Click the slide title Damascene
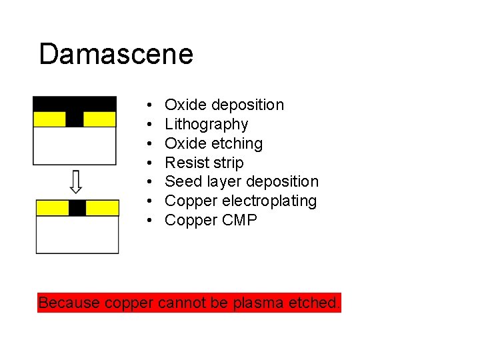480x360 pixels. pos(116,54)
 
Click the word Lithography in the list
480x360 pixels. pos(206,124)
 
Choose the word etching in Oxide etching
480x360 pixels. pos(237,143)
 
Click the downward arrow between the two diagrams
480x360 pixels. pos(76,181)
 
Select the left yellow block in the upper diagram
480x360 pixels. pos(49,119)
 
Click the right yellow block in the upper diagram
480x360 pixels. pos(99,119)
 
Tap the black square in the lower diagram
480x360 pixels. pos(77,208)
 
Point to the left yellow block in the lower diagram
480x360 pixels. pos(52,208)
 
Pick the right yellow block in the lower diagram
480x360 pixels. pos(103,208)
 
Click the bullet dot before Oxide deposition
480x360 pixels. pos(151,105)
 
